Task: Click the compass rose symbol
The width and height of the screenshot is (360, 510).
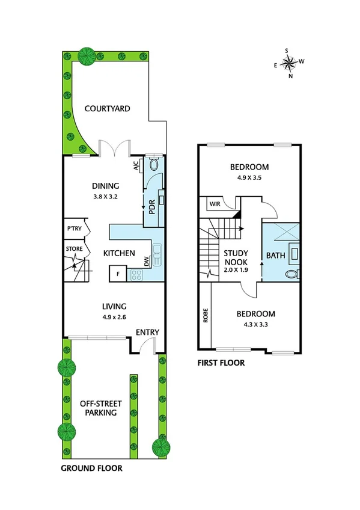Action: pyautogui.click(x=289, y=62)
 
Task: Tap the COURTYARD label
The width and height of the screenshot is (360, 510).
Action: pyautogui.click(x=108, y=109)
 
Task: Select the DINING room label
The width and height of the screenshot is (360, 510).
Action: pyautogui.click(x=105, y=186)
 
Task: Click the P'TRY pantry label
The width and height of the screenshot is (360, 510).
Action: pyautogui.click(x=75, y=229)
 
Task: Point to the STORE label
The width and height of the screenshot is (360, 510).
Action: pyautogui.click(x=74, y=247)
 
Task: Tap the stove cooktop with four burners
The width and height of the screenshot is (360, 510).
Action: pyautogui.click(x=136, y=275)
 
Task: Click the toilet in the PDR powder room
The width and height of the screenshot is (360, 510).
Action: pyautogui.click(x=153, y=164)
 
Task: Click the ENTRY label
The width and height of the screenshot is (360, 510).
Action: pyautogui.click(x=147, y=333)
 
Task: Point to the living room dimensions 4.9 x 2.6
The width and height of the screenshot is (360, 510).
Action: pyautogui.click(x=114, y=317)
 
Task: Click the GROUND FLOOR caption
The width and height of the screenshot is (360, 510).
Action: pyautogui.click(x=92, y=468)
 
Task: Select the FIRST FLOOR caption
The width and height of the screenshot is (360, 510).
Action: pyautogui.click(x=221, y=363)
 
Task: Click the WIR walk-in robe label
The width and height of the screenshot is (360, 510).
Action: pyautogui.click(x=215, y=204)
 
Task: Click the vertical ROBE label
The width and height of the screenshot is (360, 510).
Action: pyautogui.click(x=206, y=316)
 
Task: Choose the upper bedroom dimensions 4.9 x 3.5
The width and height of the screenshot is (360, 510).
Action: pyautogui.click(x=249, y=178)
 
